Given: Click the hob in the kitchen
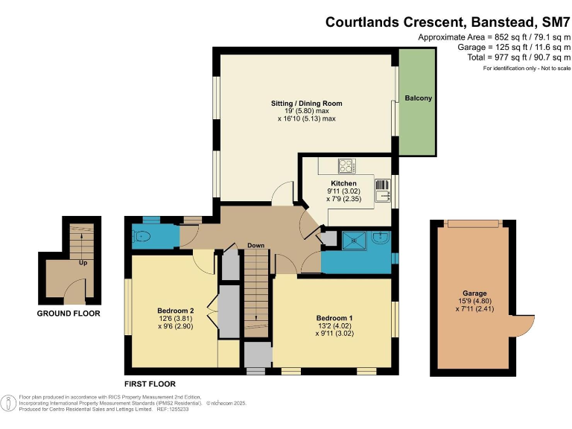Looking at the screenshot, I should pyautogui.click(x=346, y=166).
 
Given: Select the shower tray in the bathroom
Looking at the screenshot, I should pyautogui.click(x=350, y=240).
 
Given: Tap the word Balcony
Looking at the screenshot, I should pyautogui.click(x=418, y=98).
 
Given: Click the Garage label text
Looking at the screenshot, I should pyautogui.click(x=473, y=293).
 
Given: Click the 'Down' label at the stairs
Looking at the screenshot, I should pyautogui.click(x=256, y=246).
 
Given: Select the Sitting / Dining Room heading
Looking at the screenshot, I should pyautogui.click(x=306, y=103).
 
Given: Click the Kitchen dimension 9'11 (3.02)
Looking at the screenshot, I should pyautogui.click(x=343, y=191).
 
